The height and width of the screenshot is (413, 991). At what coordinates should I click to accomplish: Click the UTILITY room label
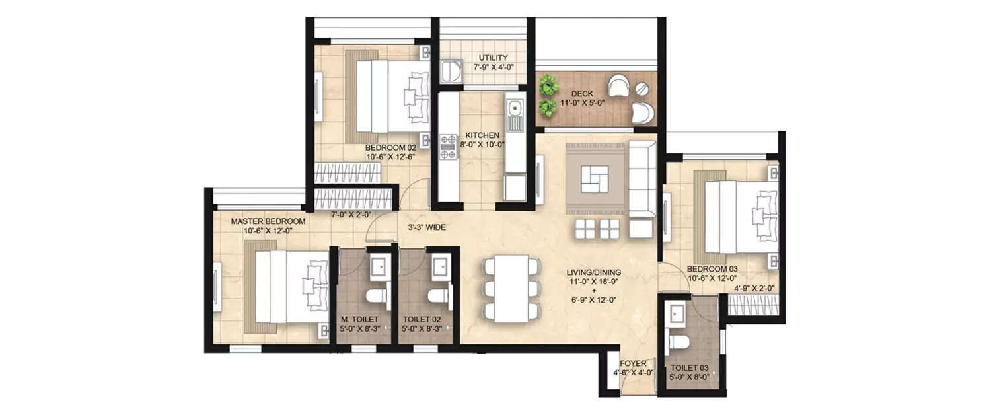pyautogui.click(x=494, y=57)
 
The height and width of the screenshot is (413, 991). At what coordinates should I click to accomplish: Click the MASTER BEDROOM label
pyautogui.click(x=268, y=221)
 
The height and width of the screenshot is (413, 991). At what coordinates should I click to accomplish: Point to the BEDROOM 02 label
pyautogui.click(x=390, y=148)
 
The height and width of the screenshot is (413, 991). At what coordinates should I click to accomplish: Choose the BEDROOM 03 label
pyautogui.click(x=712, y=269)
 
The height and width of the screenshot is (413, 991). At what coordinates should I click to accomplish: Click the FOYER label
pyautogui.click(x=633, y=363)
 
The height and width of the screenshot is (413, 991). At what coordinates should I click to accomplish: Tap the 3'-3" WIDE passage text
pyautogui.click(x=427, y=227)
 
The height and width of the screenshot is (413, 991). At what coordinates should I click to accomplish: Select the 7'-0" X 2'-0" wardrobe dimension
pyautogui.click(x=351, y=214)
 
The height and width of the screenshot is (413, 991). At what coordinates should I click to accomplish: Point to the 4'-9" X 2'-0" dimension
pyautogui.click(x=751, y=288)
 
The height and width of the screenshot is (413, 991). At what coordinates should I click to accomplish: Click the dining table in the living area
pyautogui.click(x=511, y=289)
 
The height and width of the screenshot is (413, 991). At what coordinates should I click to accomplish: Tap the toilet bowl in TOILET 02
pyautogui.click(x=437, y=295)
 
